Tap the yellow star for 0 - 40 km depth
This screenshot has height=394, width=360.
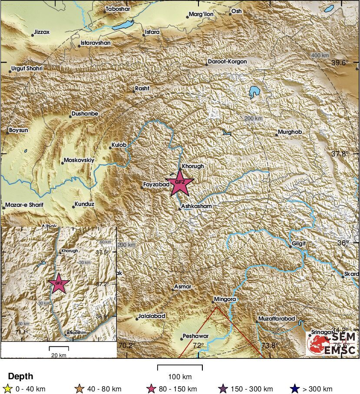point(7,389)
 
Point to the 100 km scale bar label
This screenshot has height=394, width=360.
point(180,376)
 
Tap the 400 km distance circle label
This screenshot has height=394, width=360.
point(320,56)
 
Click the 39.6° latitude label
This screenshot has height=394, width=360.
point(340,63)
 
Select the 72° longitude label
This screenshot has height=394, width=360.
point(198,346)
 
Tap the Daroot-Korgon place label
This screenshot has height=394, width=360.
point(227,62)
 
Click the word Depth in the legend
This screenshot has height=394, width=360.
point(20,376)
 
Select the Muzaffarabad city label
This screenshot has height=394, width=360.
point(277,319)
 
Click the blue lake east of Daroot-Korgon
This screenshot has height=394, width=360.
point(254,92)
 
